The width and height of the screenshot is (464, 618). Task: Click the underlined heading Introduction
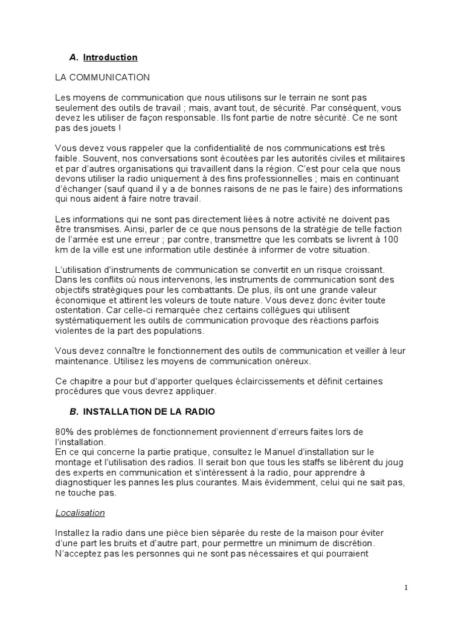(x=110, y=57)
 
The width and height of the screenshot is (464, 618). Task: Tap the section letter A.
(x=74, y=57)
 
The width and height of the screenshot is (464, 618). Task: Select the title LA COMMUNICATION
(x=102, y=77)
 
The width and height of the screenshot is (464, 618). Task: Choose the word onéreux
(x=292, y=362)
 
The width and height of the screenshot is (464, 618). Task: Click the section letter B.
(x=74, y=412)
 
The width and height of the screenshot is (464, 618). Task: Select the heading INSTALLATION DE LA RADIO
(x=149, y=412)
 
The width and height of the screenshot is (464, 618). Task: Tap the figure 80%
(x=65, y=432)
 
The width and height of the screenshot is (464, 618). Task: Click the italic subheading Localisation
(x=80, y=513)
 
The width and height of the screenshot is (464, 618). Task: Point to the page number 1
(x=407, y=587)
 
